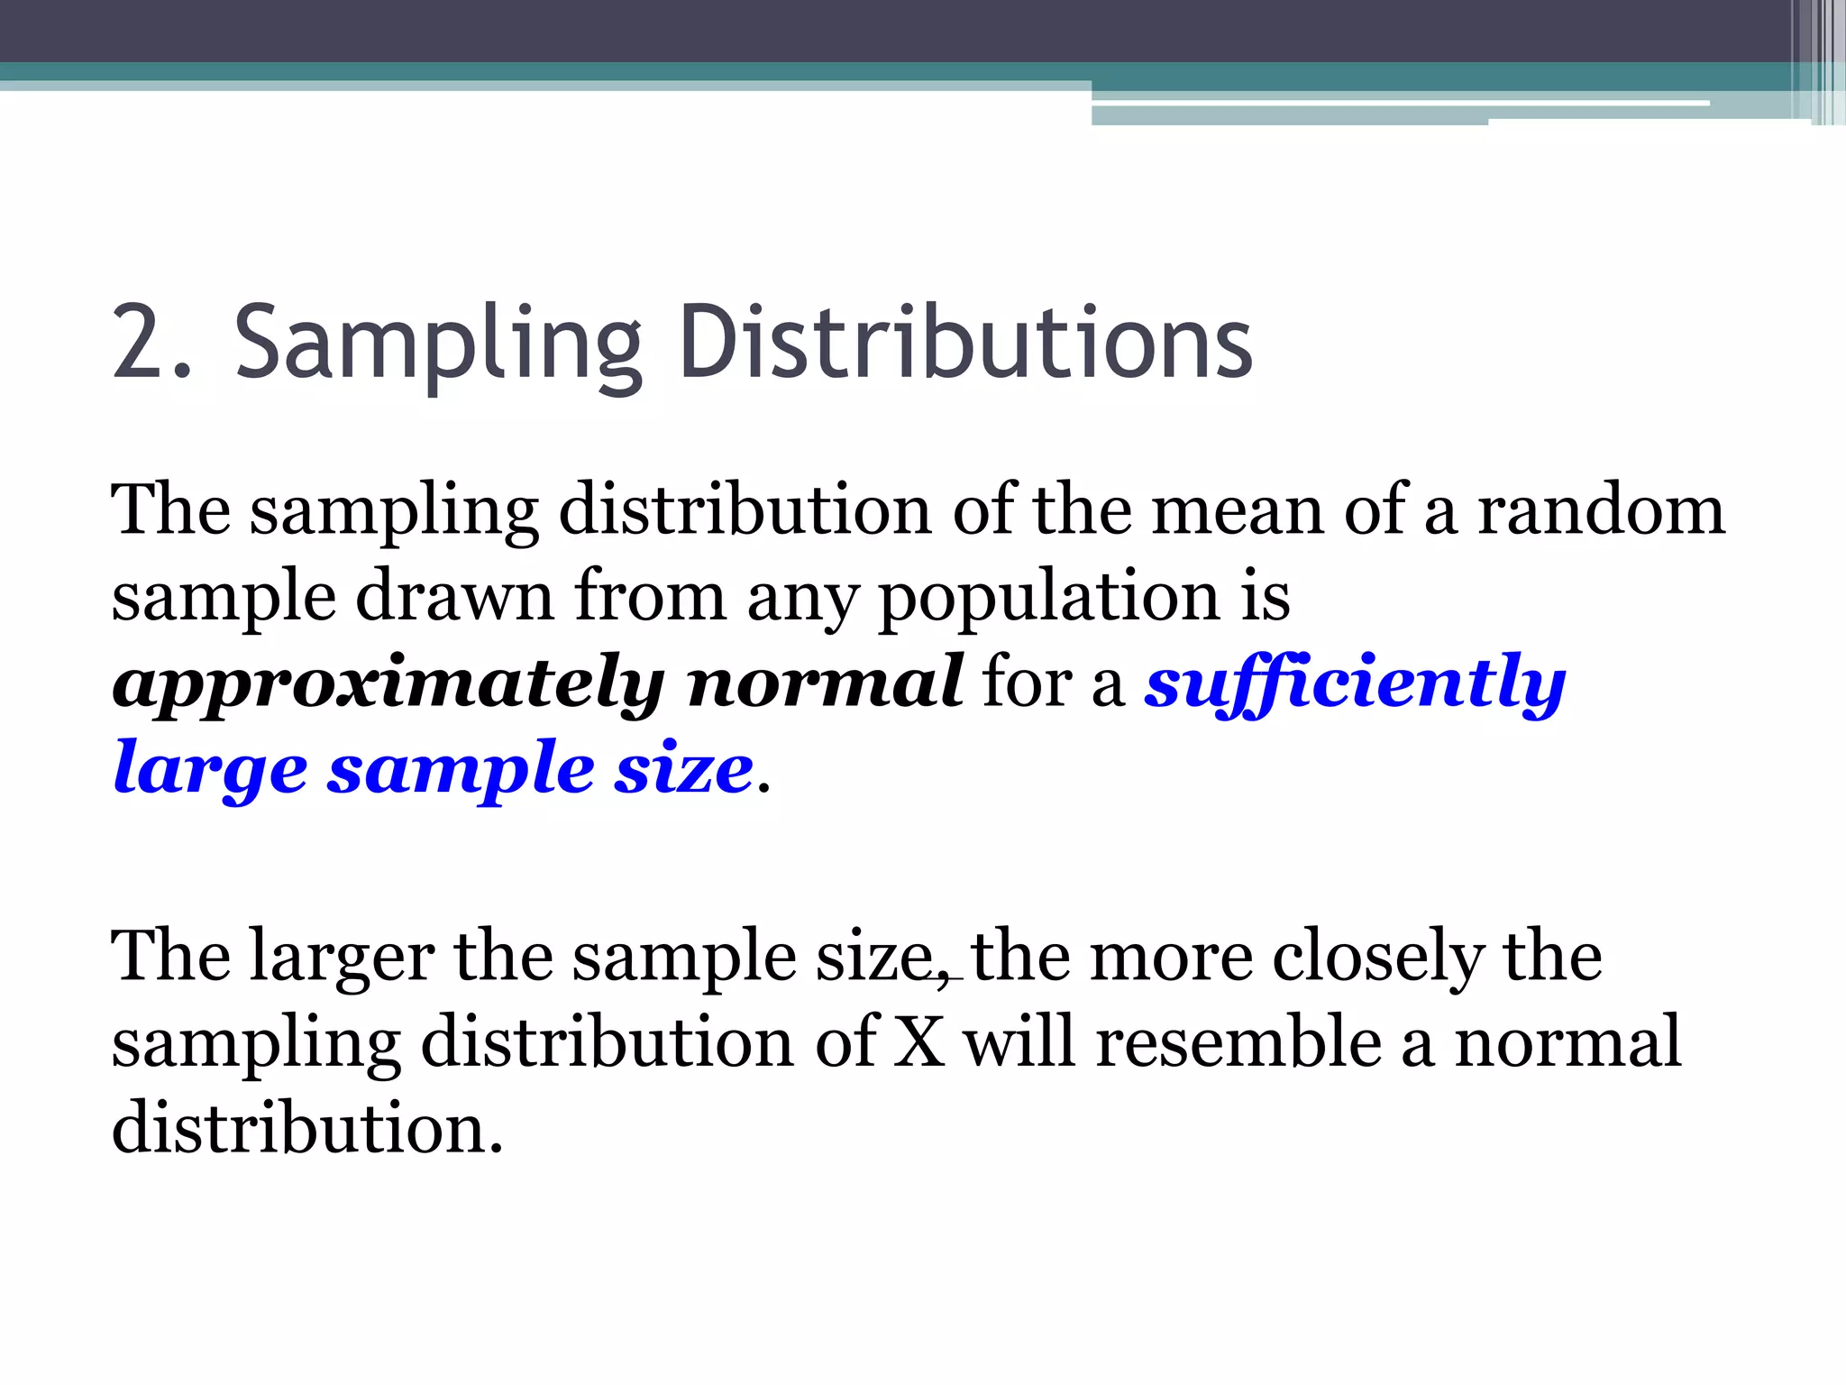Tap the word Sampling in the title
[438, 347]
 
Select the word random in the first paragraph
[1600, 510]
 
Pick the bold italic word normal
[825, 683]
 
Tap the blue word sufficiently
[1356, 683]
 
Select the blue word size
[683, 769]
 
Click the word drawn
[454, 597]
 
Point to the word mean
[1237, 510]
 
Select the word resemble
[1238, 1041]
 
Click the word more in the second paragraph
[1171, 957]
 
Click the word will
[1019, 1041]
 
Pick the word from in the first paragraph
[650, 597]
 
